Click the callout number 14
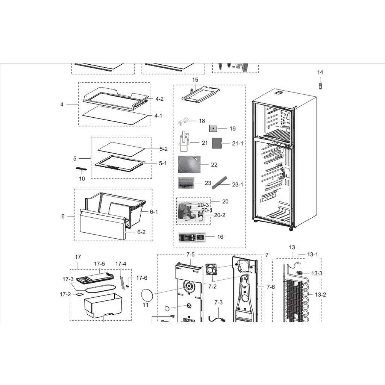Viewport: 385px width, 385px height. pos(320,72)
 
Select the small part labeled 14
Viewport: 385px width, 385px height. pos(320,86)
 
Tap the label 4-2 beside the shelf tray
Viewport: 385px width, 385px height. pos(159,99)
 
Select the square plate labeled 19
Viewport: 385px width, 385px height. pos(214,129)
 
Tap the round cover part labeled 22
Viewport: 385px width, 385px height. pos(189,164)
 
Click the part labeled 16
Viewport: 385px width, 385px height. pos(192,237)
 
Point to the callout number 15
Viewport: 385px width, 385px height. pos(195,80)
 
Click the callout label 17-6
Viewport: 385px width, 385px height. pos(142,278)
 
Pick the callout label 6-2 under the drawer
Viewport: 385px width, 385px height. pos(141,232)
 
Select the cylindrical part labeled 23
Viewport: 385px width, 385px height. pos(188,183)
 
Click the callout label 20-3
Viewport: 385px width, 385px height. pos(203,205)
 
